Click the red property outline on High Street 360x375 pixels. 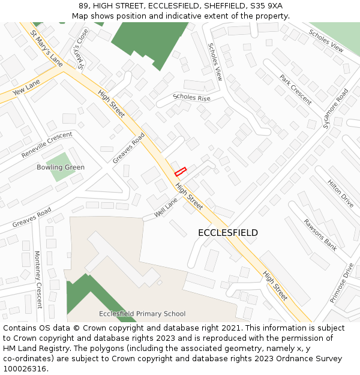(180, 172)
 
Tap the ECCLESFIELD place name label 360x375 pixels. (228, 233)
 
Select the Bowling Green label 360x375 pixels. (61, 167)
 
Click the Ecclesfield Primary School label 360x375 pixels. (142, 314)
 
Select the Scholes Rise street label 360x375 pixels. (191, 97)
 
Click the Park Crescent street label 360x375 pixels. (295, 89)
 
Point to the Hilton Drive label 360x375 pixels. (340, 193)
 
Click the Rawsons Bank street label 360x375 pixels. (320, 234)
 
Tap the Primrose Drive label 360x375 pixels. (342, 282)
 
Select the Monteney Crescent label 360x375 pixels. (38, 279)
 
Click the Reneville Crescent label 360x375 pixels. (47, 145)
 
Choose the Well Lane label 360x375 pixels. (166, 208)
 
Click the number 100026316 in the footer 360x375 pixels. (26, 368)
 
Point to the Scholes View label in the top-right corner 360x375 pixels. (326, 40)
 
